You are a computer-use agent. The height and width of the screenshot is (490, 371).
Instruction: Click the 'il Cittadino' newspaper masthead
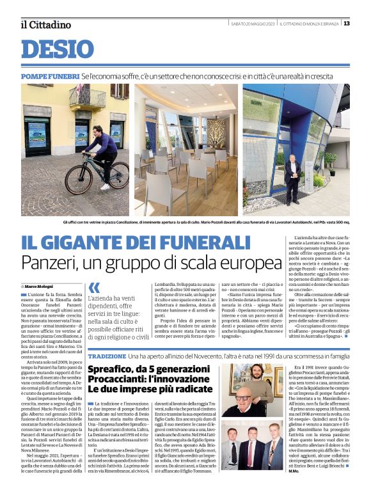45,24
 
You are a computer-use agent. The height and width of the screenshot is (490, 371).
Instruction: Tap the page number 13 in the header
347,24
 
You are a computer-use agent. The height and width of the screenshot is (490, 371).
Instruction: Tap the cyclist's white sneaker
104,186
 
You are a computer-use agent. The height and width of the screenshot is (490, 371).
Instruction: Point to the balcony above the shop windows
88,97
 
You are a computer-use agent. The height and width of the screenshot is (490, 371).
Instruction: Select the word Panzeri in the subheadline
53,263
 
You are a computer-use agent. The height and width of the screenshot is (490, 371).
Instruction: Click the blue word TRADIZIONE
107,355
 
